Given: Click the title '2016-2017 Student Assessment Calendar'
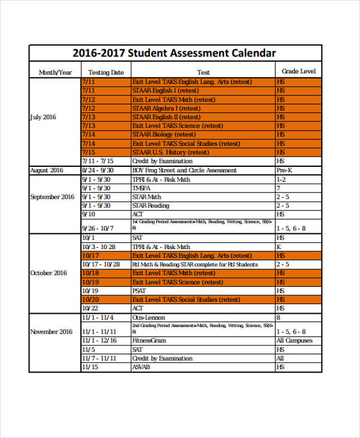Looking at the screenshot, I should click(x=175, y=53).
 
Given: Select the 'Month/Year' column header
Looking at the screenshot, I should click(x=55, y=73).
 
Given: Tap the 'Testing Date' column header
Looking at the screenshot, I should click(x=106, y=73).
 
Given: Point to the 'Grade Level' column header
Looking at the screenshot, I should click(x=298, y=71).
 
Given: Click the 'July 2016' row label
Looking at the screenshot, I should click(x=43, y=117).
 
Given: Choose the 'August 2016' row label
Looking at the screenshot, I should click(x=46, y=170).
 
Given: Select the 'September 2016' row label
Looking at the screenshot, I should click(x=52, y=197).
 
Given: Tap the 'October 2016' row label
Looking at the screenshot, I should click(x=49, y=273).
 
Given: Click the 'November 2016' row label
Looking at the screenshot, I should click(x=51, y=332).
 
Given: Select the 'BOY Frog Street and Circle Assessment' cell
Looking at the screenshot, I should click(x=184, y=170).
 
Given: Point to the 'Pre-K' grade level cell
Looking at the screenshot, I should click(x=284, y=170).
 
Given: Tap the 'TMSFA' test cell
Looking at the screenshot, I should click(x=142, y=188).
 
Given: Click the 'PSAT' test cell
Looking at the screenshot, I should click(x=139, y=290).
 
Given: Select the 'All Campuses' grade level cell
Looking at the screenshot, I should click(x=294, y=341).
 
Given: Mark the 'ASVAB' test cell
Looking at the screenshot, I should click(x=140, y=367).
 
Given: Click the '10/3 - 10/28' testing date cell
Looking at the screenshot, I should click(x=98, y=247).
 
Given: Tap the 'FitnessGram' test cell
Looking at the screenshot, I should click(x=149, y=341).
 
